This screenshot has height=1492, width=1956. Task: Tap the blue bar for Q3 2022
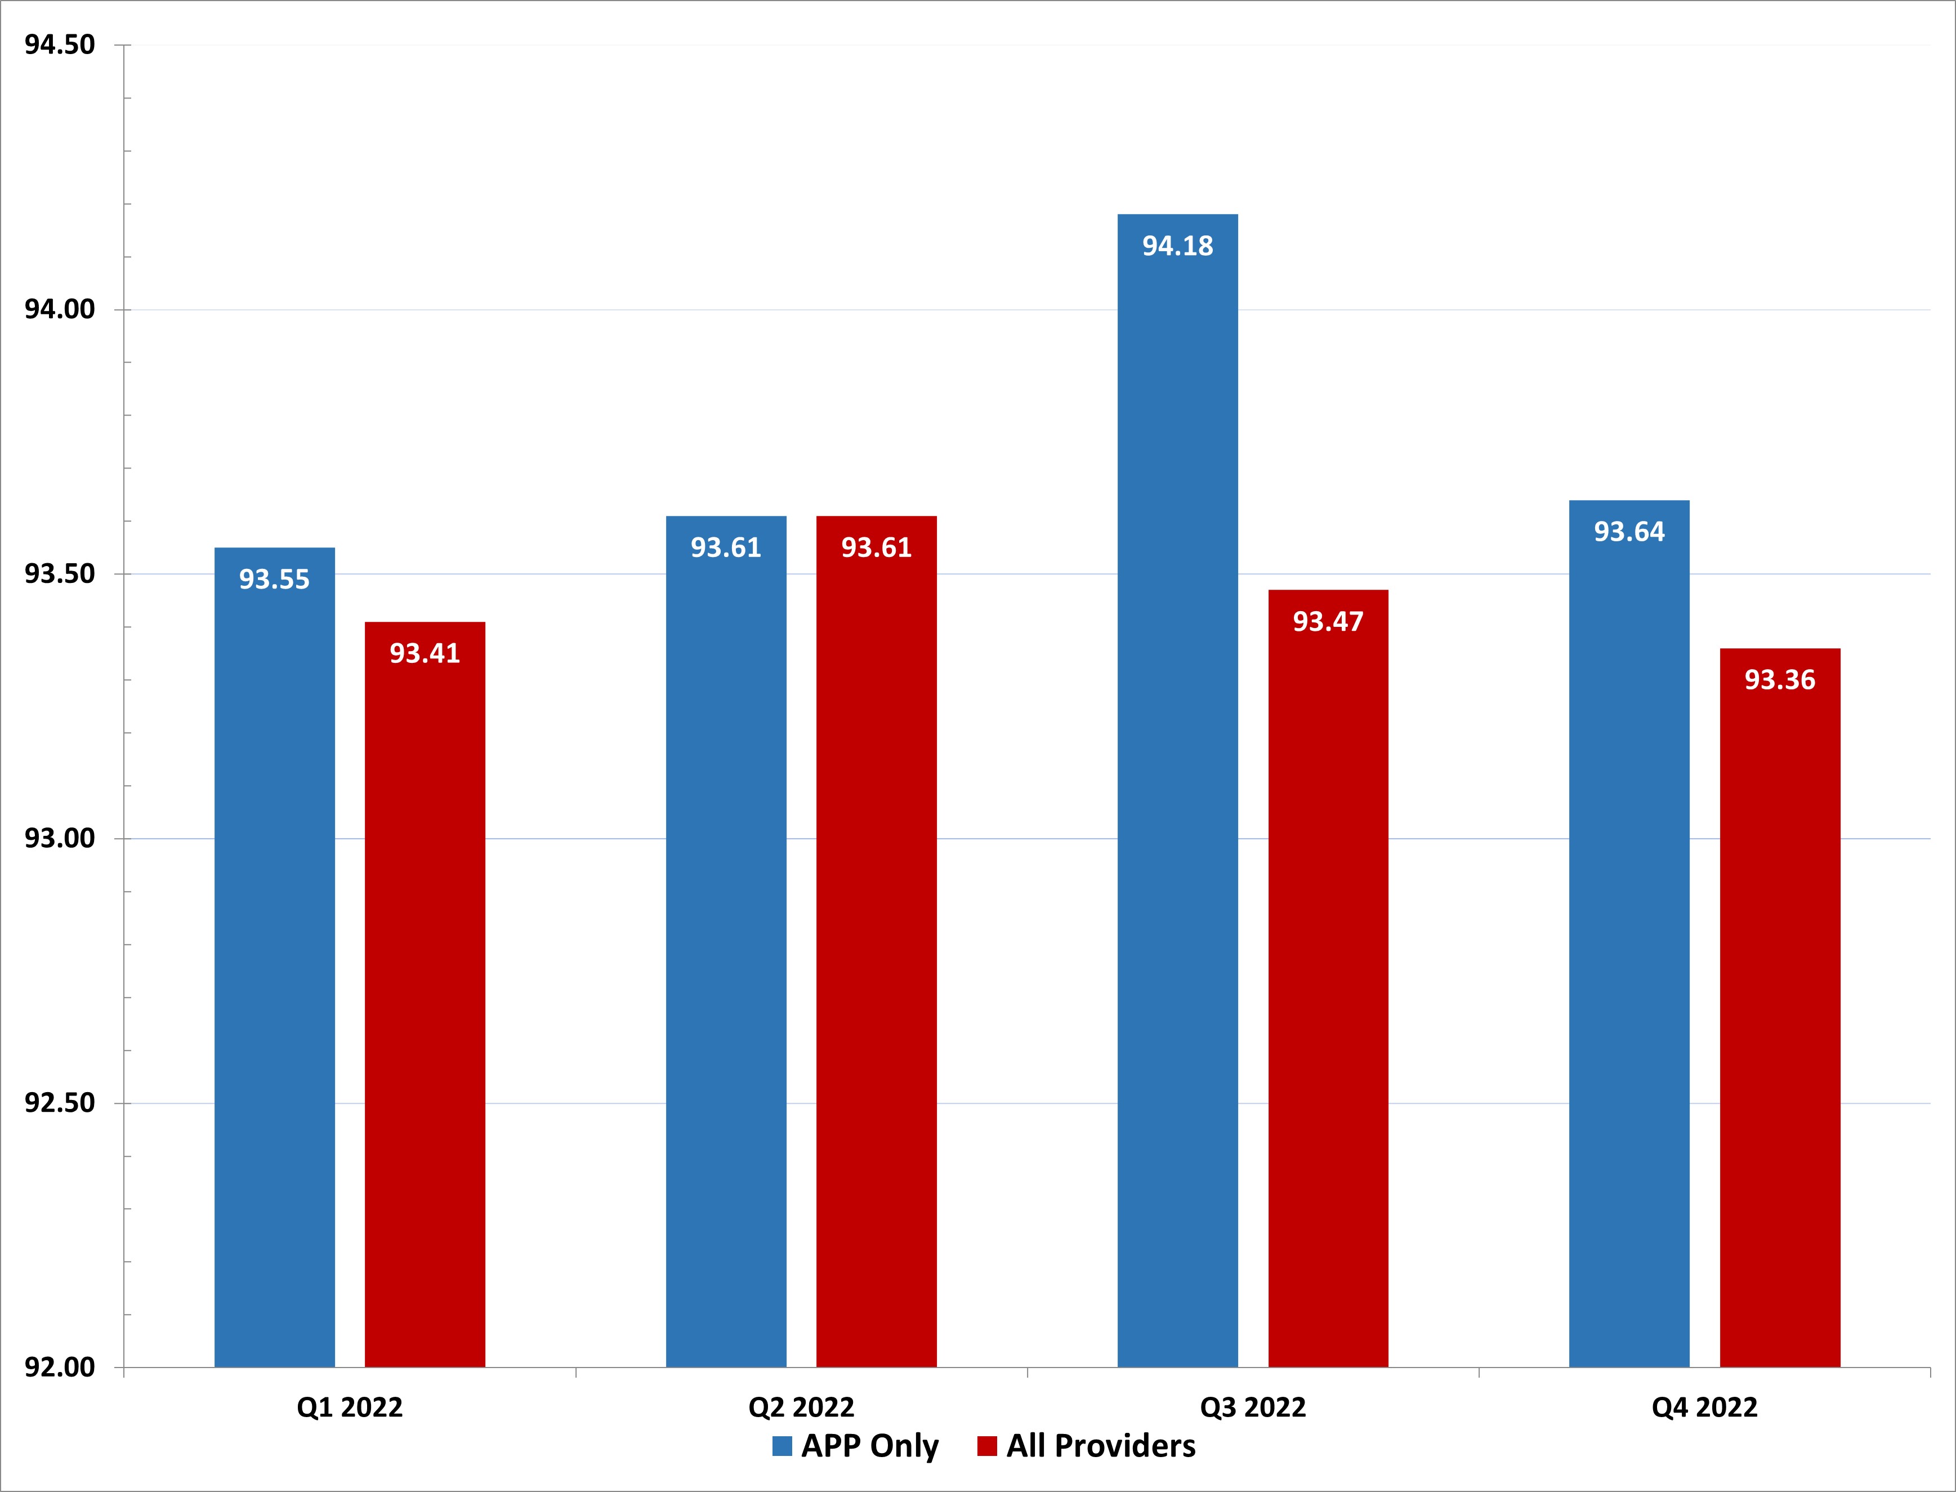1177,799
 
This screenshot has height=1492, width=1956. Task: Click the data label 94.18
1177,246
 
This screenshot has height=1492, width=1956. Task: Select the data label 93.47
1328,622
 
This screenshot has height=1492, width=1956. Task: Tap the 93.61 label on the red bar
876,548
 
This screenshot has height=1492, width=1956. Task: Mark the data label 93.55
274,580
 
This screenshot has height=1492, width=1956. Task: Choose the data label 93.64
1629,532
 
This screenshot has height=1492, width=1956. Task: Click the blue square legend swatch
781,1447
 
